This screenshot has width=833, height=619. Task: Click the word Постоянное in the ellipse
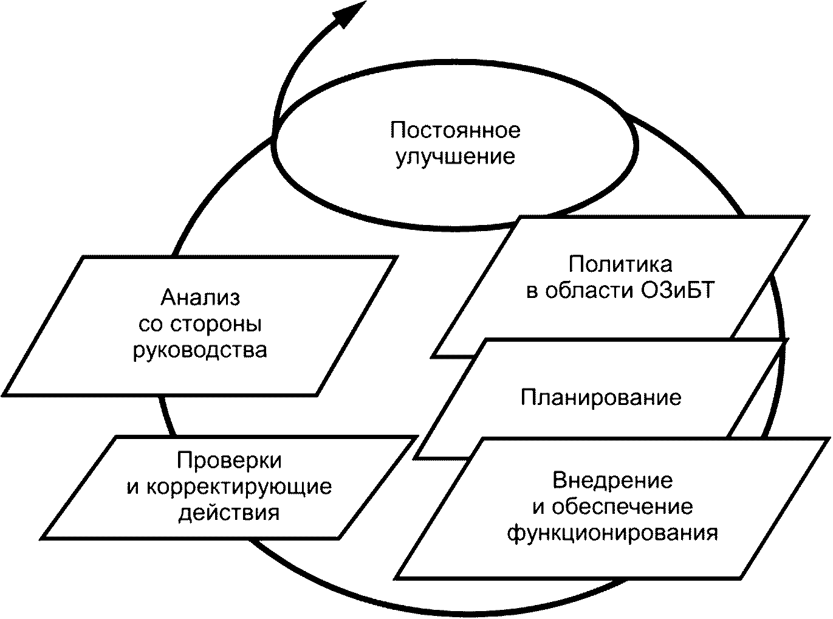click(455, 130)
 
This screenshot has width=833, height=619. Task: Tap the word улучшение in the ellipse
click(455, 157)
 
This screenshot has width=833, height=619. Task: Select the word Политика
click(620, 265)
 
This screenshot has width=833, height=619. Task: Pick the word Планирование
click(601, 397)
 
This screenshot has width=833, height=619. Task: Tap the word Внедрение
click(612, 480)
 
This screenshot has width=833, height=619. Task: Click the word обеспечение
click(622, 507)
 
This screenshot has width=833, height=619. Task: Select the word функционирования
click(612, 533)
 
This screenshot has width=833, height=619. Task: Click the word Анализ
click(200, 297)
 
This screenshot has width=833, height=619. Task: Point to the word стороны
click(216, 324)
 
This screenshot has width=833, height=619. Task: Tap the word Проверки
click(229, 460)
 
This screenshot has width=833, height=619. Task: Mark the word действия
click(228, 513)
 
